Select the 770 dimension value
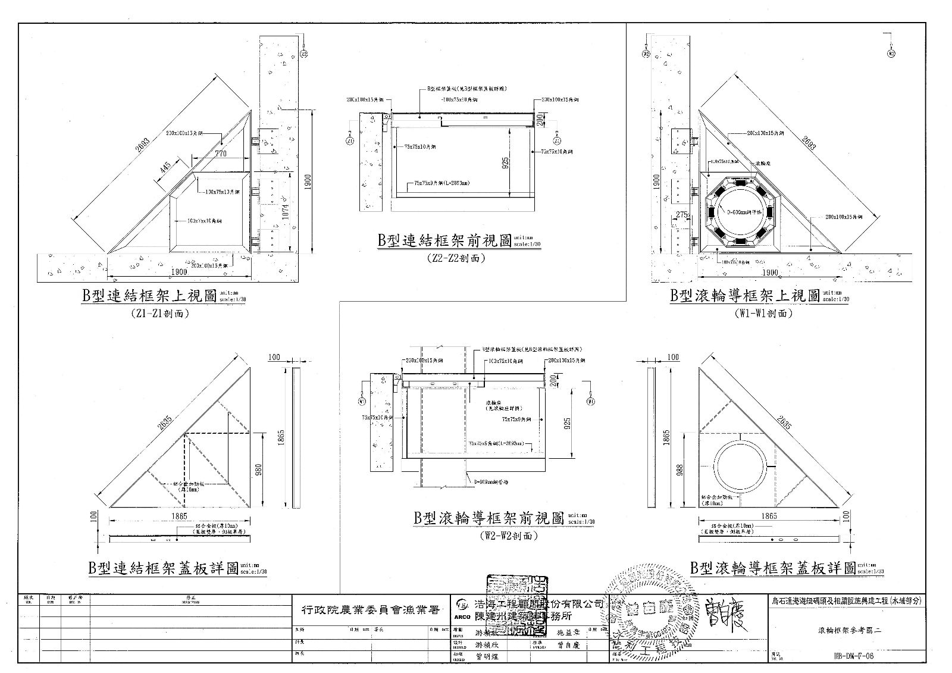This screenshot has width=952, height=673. point(221,154)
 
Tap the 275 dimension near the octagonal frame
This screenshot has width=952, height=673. point(682,214)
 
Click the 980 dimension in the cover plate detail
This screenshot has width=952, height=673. point(258,469)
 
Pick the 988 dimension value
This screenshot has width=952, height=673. point(681,469)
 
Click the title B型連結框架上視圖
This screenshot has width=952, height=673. point(149,296)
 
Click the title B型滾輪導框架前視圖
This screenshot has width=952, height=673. point(488,518)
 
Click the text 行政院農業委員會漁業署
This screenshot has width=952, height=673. point(368,610)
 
